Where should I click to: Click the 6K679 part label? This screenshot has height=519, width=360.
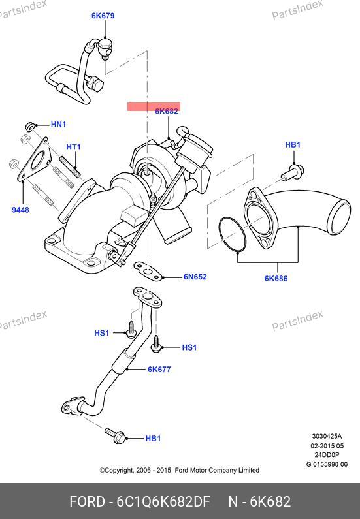[x=103, y=16]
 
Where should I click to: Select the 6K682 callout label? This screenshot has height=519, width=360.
[x=167, y=111]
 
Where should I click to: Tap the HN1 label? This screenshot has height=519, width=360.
[x=59, y=125]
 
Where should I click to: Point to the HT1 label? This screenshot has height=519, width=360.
[x=74, y=147]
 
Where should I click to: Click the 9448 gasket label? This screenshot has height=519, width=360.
[x=20, y=210]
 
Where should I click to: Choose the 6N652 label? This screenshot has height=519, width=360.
[x=195, y=277]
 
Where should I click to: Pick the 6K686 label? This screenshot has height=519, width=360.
[x=276, y=279]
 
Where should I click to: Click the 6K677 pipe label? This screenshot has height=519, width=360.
[x=159, y=370]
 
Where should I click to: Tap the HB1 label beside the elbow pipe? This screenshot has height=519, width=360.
[x=293, y=145]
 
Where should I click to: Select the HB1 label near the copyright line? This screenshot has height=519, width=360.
[x=153, y=439]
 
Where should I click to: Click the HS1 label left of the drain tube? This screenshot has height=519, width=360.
[x=102, y=333]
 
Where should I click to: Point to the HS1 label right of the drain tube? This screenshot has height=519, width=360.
[x=189, y=347]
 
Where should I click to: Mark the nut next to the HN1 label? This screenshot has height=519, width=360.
[x=30, y=127]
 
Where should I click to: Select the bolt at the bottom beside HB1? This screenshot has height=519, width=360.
[x=115, y=435]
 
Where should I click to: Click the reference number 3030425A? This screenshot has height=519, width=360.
[x=327, y=437]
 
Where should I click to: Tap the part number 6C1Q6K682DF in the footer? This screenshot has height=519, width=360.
[x=163, y=502]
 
